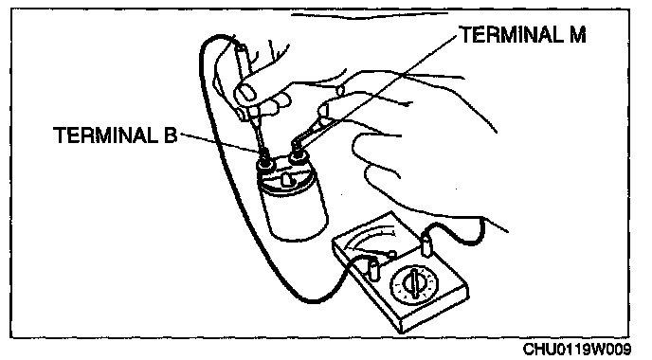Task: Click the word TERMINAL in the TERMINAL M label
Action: coord(508,34)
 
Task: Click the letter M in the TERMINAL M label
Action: coord(576,34)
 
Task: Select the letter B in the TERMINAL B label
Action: coord(171,135)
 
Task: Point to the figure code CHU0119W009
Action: coord(576,350)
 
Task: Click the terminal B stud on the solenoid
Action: coord(265,161)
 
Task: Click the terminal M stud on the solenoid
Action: coord(298,156)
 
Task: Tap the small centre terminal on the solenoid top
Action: coord(286,180)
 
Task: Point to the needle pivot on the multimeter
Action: coord(391,253)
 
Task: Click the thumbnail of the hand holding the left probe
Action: coord(246,93)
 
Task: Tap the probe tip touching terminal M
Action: coord(296,145)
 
